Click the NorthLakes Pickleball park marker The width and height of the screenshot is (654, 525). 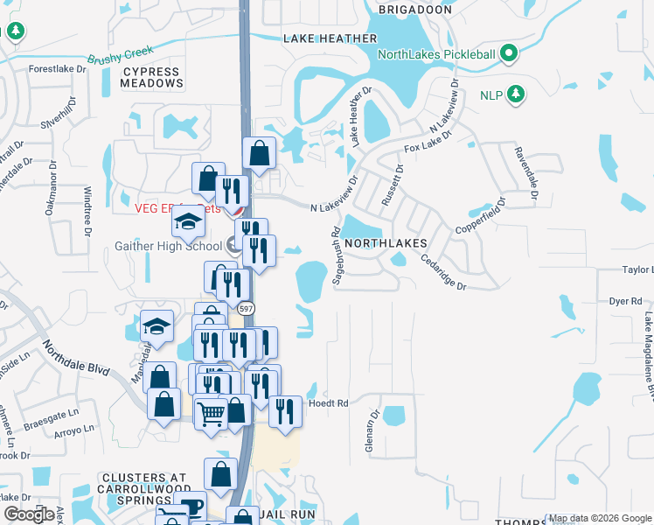[x=508, y=55]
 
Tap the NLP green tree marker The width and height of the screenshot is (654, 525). [x=516, y=94]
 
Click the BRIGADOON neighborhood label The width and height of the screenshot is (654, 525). [x=415, y=10]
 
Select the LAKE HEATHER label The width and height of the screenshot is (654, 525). [x=330, y=38]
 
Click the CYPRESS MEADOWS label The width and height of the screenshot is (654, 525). [x=153, y=77]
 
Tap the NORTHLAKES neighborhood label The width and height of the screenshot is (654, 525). [x=386, y=242]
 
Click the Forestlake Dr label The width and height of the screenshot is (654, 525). [x=58, y=68]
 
